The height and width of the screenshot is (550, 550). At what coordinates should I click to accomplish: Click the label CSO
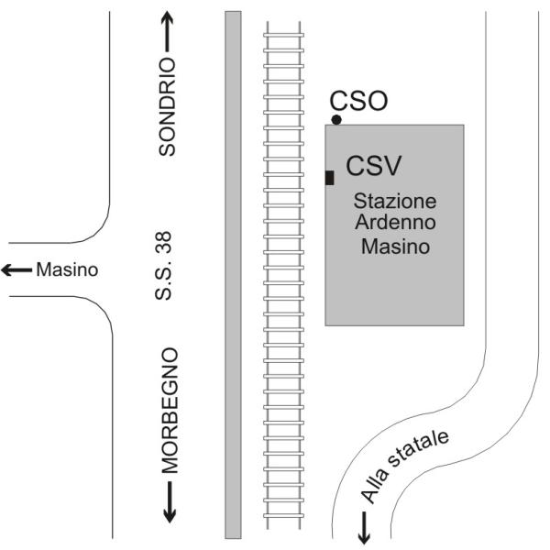pyautogui.click(x=358, y=100)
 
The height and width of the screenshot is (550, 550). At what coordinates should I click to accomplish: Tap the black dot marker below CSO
pyautogui.click(x=336, y=120)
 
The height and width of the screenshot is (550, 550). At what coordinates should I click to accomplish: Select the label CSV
pyautogui.click(x=374, y=166)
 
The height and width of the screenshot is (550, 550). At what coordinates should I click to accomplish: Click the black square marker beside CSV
pyautogui.click(x=329, y=177)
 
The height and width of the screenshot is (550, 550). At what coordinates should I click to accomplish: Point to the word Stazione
pyautogui.click(x=396, y=201)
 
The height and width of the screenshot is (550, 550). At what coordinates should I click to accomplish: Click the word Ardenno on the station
pyautogui.click(x=396, y=223)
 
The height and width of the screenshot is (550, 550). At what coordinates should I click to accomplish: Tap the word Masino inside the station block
pyautogui.click(x=396, y=246)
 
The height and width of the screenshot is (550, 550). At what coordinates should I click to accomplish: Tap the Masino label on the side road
pyautogui.click(x=66, y=270)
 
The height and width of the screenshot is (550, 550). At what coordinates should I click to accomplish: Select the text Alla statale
pyautogui.click(x=404, y=466)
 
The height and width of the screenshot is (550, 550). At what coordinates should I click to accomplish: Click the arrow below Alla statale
pyautogui.click(x=364, y=526)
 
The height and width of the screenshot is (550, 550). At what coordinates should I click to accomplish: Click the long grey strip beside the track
pyautogui.click(x=233, y=275)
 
